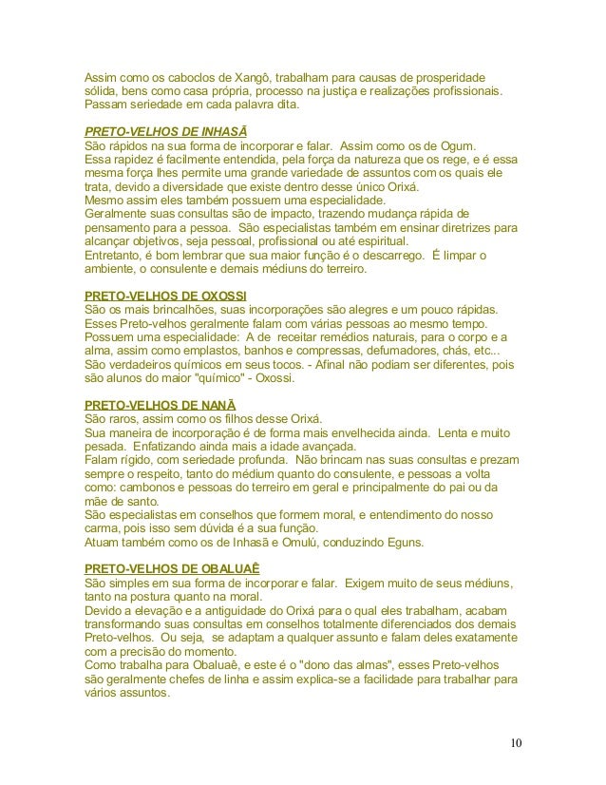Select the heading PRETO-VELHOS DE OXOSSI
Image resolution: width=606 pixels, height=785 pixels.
(x=160, y=296)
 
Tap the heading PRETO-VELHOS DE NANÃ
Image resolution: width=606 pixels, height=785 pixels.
(x=155, y=404)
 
